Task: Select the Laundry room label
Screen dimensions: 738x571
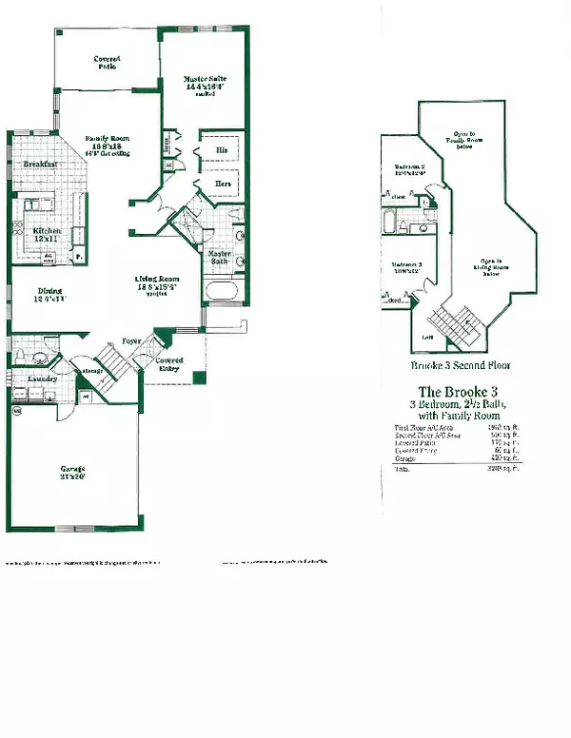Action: tap(41, 378)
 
